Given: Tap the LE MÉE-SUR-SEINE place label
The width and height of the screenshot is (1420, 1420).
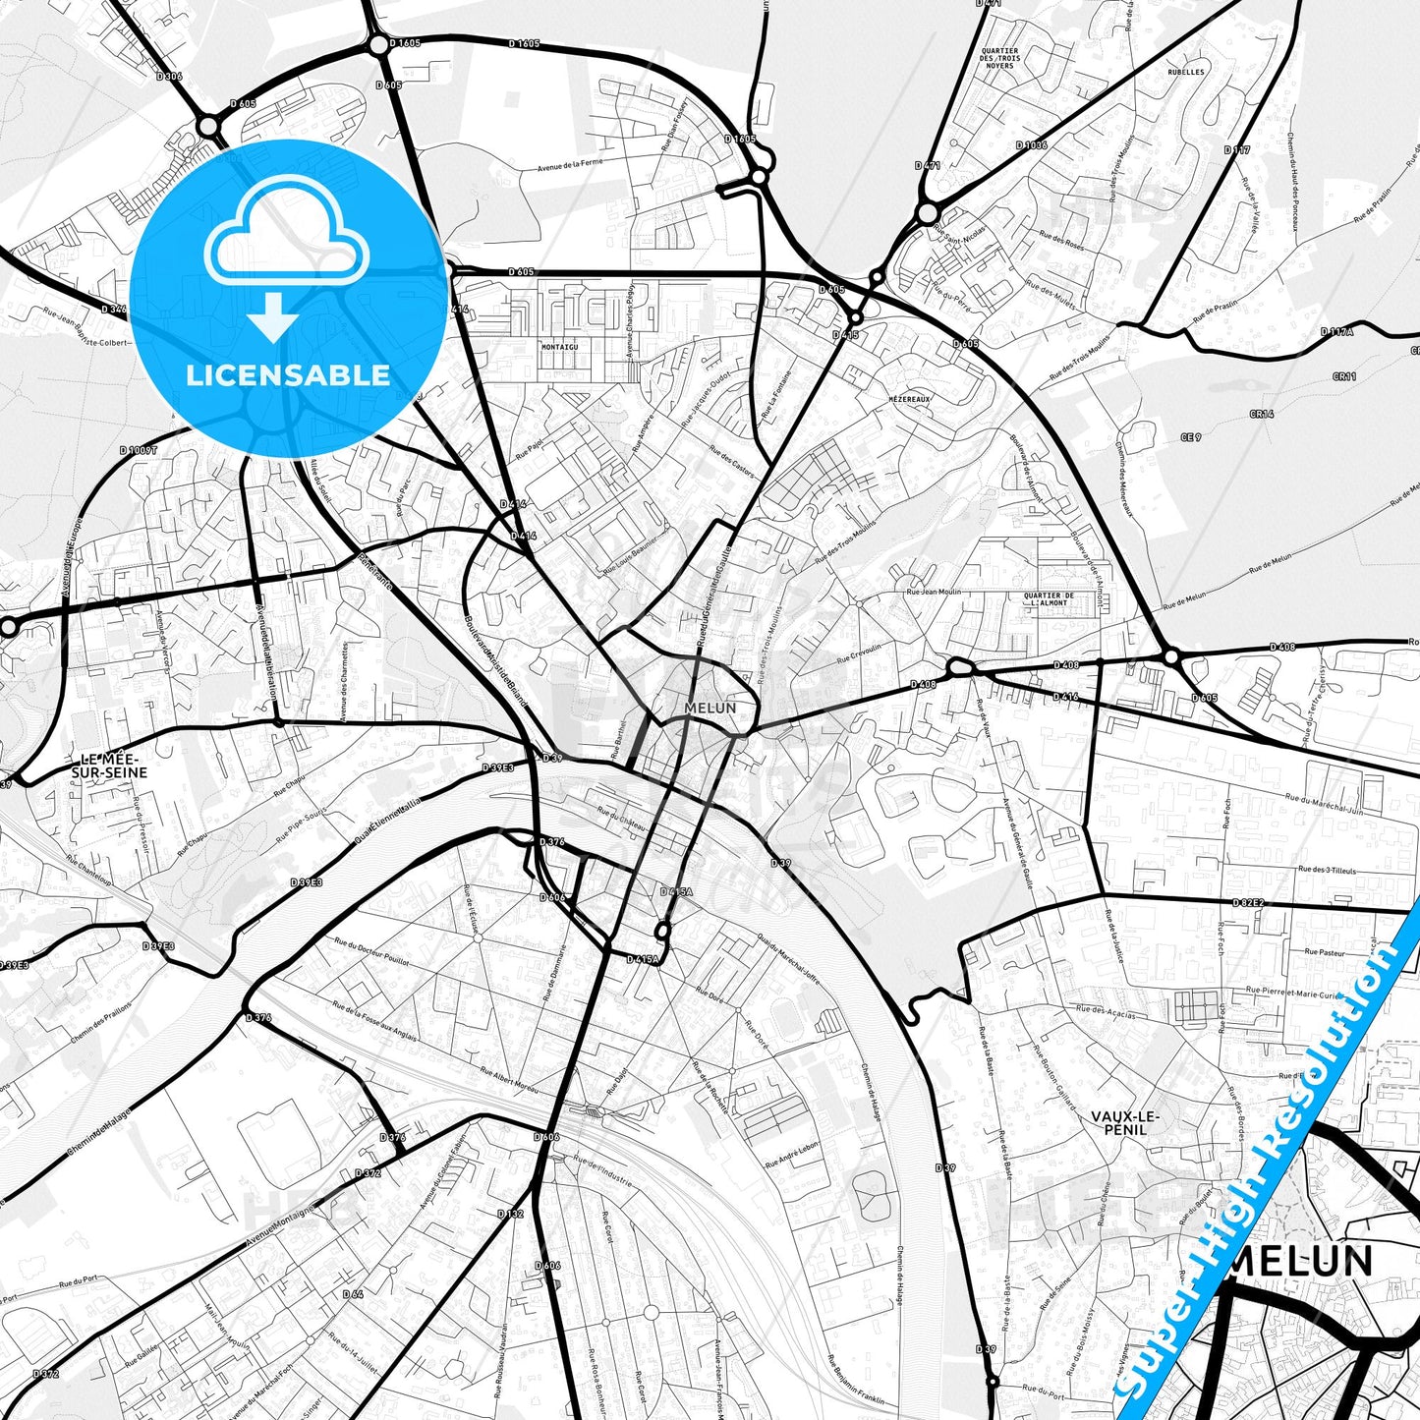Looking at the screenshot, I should pos(109,767).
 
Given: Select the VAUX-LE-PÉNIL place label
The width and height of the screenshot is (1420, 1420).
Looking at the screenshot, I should pos(1125,1122).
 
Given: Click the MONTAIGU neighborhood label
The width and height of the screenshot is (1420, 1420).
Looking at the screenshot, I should pos(559,347).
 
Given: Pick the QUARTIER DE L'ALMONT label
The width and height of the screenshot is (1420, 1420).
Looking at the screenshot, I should pos(1049,599).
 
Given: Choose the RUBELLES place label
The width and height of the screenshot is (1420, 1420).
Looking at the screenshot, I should pos(1186,72).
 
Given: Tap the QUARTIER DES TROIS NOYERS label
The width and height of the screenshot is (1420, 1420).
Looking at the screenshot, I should pos(999,58).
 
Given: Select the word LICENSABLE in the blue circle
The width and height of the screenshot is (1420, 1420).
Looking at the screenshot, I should pos(288,374).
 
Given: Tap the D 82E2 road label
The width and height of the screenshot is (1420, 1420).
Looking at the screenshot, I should pos(1248,902).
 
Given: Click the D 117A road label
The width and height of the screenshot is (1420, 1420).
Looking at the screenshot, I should pos(1336,332).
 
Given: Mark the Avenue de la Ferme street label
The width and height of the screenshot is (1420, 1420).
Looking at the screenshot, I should pos(570,165).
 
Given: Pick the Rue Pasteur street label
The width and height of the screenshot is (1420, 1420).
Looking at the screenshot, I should pos(1325,952).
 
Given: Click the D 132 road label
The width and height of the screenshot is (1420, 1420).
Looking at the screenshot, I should pos(510,1214).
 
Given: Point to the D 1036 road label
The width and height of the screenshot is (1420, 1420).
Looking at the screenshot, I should pos(1032,145).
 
